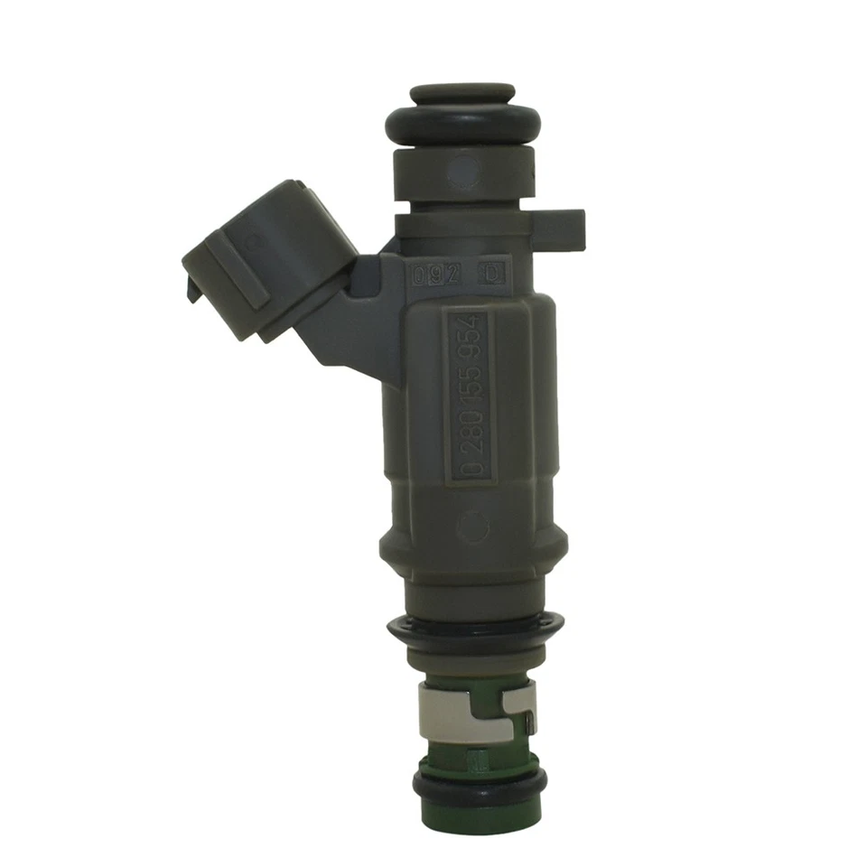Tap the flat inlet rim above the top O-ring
coord(461,93)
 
